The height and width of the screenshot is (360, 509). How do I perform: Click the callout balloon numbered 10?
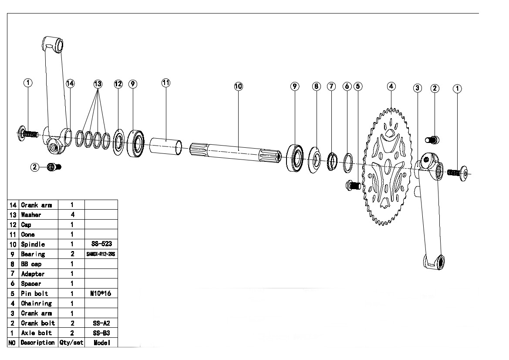click(238, 86)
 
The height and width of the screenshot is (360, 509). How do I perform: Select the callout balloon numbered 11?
click(166, 83)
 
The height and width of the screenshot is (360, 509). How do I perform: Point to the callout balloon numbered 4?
click(391, 86)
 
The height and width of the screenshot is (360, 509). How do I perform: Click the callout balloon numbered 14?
click(71, 83)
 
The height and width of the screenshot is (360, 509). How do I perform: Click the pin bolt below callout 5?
click(353, 186)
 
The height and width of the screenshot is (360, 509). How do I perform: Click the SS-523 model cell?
click(101, 245)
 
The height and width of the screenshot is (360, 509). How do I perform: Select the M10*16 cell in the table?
click(101, 294)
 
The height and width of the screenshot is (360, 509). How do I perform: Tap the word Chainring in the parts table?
click(36, 303)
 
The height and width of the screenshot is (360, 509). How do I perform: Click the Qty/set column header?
click(71, 343)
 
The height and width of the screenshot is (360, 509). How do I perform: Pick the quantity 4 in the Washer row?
click(71, 215)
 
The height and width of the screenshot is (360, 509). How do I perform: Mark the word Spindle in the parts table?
click(33, 245)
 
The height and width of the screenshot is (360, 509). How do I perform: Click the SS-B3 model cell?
click(101, 333)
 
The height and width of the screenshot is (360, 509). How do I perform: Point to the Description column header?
click(37, 343)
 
